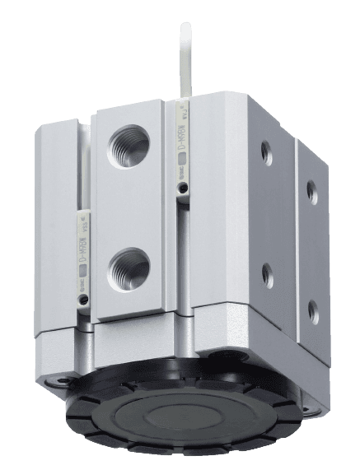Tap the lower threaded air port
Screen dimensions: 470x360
pyautogui.click(x=130, y=264)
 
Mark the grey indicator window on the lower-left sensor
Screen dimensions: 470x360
pyautogui.click(x=84, y=264)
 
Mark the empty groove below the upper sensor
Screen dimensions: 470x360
pyautogui.click(x=183, y=247)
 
